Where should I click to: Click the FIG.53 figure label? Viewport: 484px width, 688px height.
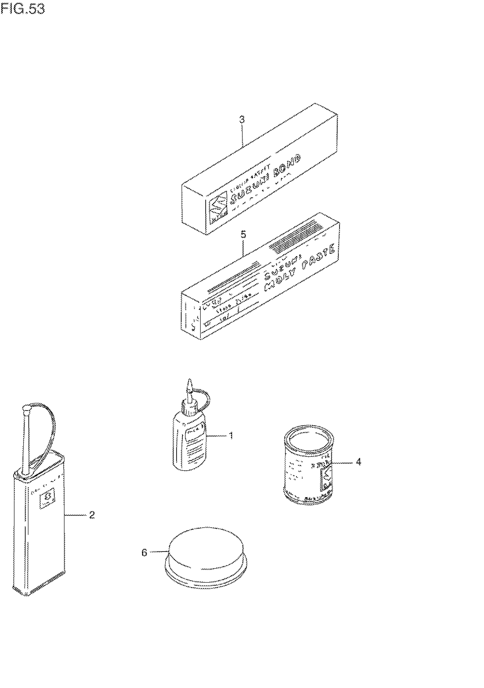(23, 9)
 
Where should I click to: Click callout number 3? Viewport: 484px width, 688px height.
(242, 120)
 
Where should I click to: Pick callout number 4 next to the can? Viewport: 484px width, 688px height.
(358, 462)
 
